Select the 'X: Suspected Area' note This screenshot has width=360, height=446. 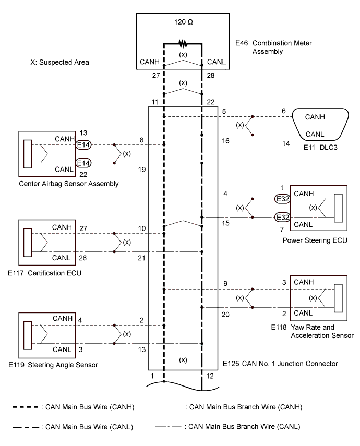pyautogui.click(x=59, y=62)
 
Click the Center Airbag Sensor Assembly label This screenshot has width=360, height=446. pyautogui.click(x=68, y=183)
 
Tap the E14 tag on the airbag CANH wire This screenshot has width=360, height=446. pyautogui.click(x=83, y=144)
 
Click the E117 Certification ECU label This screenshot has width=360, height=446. pyautogui.click(x=51, y=272)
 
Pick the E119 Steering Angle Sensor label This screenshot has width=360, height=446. pyautogui.click(x=57, y=365)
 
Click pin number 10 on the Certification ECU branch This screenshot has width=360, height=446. pyautogui.click(x=141, y=228)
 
